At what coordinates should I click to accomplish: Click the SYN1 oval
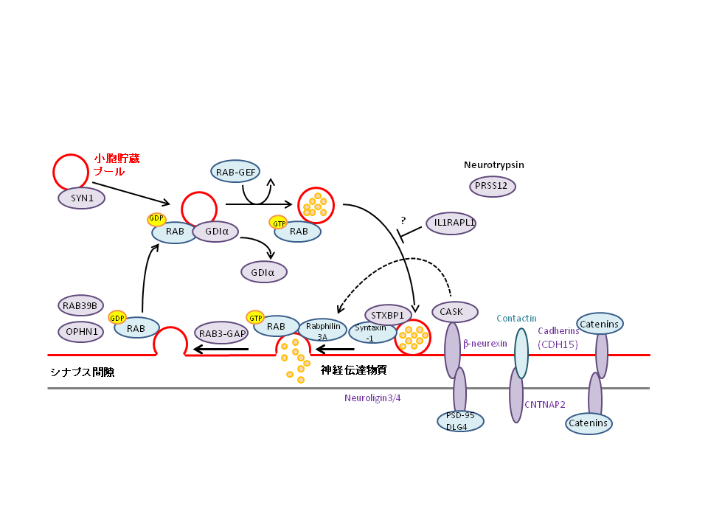click(81, 198)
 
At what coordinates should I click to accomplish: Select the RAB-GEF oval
click(235, 172)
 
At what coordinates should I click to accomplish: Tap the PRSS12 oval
click(492, 186)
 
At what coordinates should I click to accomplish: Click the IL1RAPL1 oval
click(451, 223)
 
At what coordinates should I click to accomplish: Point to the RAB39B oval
click(81, 305)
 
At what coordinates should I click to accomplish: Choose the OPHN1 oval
click(81, 331)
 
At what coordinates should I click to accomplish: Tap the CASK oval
click(454, 312)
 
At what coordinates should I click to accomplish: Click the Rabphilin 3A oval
click(322, 330)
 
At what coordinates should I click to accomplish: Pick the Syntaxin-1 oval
click(371, 332)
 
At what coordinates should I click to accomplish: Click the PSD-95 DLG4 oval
click(460, 421)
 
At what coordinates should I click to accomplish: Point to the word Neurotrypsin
click(493, 164)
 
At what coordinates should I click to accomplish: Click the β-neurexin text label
click(485, 344)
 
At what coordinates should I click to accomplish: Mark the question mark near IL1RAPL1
click(403, 220)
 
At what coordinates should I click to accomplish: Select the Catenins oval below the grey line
click(589, 423)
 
